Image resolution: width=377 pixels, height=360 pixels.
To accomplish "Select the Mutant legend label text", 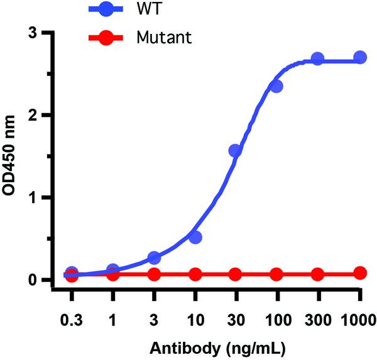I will point(163,38).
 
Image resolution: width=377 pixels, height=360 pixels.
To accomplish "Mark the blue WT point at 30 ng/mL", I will point(236,151).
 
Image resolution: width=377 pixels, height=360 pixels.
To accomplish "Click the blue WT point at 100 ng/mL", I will point(276,86).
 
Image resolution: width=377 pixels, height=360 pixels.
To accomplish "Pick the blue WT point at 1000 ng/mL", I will point(360,57).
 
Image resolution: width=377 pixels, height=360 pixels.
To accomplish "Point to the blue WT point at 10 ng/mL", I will point(195,237).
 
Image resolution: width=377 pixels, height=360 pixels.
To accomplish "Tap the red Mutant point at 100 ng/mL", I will point(276,275).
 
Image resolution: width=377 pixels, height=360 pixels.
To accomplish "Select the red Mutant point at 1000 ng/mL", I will point(360,273).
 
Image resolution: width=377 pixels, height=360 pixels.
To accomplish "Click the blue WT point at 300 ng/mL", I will point(317,58).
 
